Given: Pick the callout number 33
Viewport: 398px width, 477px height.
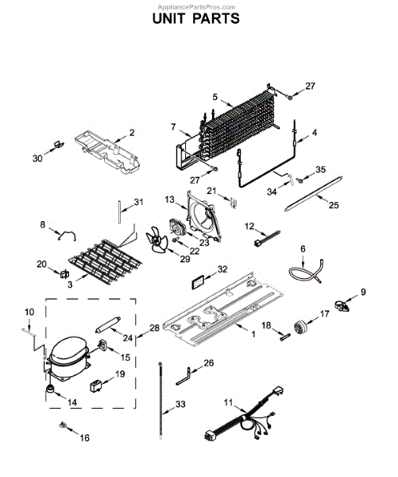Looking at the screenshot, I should tap(180, 405).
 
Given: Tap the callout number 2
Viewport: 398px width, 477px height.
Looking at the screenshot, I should tap(132, 133).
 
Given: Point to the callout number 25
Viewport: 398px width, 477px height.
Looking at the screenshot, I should tap(334, 205).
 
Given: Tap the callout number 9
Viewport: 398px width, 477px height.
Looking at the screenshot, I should tap(364, 293).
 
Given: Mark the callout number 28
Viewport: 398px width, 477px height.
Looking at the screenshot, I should tap(154, 328).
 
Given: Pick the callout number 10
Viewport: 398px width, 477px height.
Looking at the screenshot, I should tap(29, 311).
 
